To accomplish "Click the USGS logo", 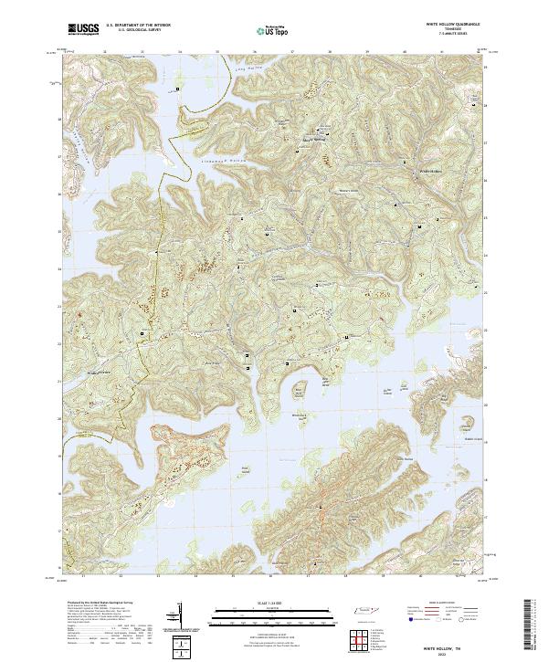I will coord(84,29).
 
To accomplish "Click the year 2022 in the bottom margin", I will coord(446,654).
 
